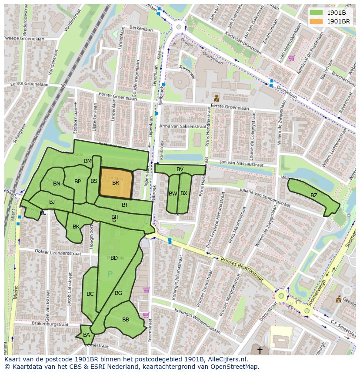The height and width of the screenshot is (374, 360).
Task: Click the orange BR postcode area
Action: click(x=116, y=183)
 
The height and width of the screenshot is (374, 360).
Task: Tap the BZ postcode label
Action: click(x=313, y=195)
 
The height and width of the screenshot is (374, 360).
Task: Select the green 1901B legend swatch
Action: click(x=316, y=13)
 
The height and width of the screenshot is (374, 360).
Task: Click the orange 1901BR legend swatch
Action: click(x=316, y=21)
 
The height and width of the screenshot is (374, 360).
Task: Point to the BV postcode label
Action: click(x=180, y=169)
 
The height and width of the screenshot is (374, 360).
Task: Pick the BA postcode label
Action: click(x=87, y=334)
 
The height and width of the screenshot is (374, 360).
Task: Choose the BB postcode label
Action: click(x=126, y=319)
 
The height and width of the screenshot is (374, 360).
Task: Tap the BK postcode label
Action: click(x=76, y=226)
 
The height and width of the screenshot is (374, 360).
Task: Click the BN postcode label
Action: click(x=57, y=183)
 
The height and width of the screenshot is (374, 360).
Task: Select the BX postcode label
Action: click(x=184, y=193)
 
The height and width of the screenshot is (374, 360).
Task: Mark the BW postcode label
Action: click(x=173, y=193)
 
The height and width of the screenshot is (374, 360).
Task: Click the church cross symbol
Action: click(x=260, y=350)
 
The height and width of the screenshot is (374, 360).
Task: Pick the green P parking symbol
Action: click(x=110, y=274)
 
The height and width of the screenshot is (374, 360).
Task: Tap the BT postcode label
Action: click(x=125, y=205)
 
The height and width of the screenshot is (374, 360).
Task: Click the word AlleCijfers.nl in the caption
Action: click(x=226, y=359)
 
